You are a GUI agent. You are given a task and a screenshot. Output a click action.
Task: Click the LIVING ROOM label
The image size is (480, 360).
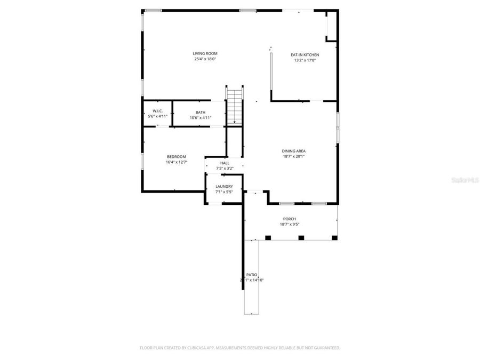pos(205,53)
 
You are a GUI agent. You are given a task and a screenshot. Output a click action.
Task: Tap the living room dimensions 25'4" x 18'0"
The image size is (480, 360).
pos(205,59)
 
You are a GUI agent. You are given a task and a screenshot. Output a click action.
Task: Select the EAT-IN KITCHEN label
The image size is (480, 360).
pos(305,55)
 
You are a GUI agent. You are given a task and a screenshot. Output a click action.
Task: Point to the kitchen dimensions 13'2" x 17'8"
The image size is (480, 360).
pos(305,60)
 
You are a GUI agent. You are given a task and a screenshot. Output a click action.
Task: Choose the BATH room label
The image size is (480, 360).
pos(200,112)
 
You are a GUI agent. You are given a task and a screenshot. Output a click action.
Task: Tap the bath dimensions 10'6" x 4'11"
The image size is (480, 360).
pos(200,117)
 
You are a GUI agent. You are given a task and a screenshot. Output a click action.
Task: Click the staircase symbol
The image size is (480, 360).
pos(234,105)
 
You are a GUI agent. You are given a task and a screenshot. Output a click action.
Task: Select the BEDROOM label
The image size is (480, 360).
pos(177,156)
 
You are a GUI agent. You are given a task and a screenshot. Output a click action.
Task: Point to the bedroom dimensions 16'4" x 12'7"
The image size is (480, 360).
pos(177,162)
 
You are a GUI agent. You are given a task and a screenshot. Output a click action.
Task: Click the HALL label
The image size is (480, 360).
pos(225,163)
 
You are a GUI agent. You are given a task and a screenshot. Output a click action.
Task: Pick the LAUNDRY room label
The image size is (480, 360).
pos(224,186)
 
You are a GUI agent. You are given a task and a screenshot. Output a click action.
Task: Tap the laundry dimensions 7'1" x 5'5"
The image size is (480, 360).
pos(224,191)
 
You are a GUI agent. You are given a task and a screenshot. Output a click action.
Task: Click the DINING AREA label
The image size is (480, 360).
pos(293,151)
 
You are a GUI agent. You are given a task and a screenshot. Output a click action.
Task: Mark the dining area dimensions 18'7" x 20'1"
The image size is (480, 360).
pos(293,157)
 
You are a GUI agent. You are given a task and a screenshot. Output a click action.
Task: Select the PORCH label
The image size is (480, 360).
pos(289,219)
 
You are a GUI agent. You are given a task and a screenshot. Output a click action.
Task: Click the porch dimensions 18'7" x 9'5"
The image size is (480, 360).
pos(289,225)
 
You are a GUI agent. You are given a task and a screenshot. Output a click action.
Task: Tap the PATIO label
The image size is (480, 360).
pos(251,274)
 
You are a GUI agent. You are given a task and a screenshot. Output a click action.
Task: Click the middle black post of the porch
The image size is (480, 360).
pos(300,237)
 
